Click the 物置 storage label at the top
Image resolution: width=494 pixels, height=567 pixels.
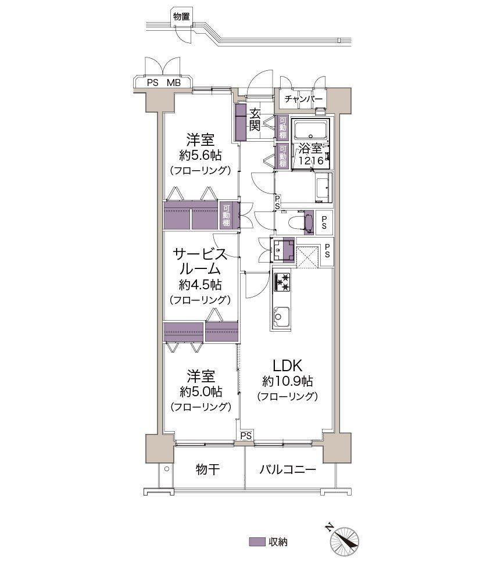click(181, 16)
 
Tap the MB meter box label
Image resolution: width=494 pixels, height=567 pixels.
click(174, 83)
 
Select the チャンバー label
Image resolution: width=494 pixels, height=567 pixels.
click(303, 99)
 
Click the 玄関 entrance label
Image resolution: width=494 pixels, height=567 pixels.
click(255, 120)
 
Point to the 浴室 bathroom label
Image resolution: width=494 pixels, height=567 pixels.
click(310, 148)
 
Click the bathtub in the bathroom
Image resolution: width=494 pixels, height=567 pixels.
click(311, 128)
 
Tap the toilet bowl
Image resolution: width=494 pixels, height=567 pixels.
click(296, 222)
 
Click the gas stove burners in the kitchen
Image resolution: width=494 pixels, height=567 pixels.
click(282, 282)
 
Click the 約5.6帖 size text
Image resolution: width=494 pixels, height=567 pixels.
click(201, 155)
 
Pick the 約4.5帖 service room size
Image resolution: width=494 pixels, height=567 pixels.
click(201, 285)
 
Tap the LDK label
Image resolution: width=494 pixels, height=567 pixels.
click(287, 365)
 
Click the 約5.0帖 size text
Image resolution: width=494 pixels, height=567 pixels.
click(201, 391)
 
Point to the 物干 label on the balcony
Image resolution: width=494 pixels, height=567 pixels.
click(207, 469)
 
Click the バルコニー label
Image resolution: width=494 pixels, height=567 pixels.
click(288, 470)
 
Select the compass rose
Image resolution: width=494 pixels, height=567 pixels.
click(344, 541)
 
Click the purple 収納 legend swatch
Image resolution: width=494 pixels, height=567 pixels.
click(257, 542)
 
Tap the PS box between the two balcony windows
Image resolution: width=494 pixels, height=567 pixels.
click(246, 436)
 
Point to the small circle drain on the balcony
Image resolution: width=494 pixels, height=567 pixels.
click(166, 469)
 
